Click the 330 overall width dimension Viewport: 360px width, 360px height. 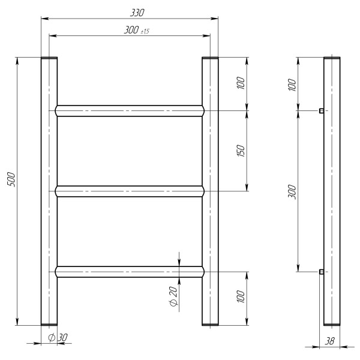point(137,13)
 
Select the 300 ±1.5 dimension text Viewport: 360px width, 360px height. point(137,30)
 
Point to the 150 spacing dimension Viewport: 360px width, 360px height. point(241,151)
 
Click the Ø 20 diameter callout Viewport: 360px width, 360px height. point(174,296)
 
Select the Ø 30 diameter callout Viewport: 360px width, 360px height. point(58,337)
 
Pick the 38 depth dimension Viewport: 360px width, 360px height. point(329,341)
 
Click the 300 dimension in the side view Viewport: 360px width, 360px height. point(292,191)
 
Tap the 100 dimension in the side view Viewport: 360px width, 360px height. point(292,85)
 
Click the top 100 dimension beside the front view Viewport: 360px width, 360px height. point(241,83)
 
